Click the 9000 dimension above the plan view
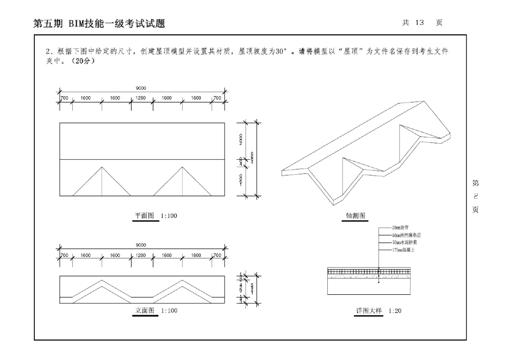(141, 88)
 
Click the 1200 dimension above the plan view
(141, 98)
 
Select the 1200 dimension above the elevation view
(141, 255)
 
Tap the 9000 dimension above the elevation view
(141, 245)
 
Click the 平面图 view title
(145, 216)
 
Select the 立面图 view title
(145, 310)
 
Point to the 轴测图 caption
(356, 216)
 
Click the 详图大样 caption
(368, 310)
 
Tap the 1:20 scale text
(395, 311)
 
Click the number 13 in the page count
(417, 23)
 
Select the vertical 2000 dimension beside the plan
(241, 140)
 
